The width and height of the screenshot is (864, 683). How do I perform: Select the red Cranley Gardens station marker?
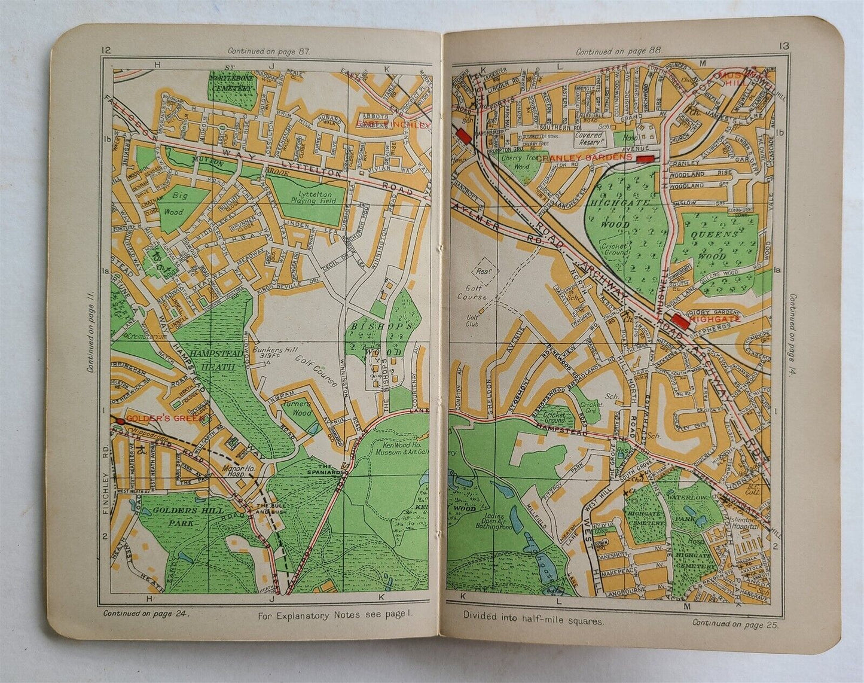click(x=645, y=158)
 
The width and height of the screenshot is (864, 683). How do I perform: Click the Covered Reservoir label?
click(x=591, y=139)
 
